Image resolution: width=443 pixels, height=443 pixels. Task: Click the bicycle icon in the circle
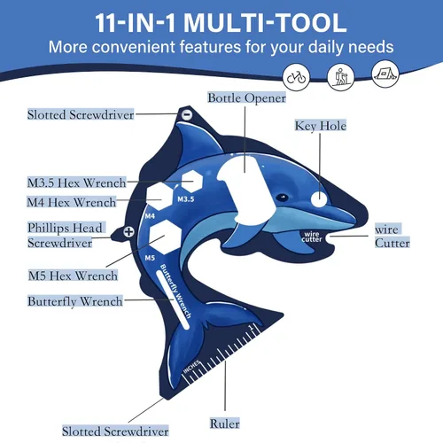[296, 77]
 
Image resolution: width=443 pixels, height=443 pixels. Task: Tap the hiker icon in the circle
[340, 77]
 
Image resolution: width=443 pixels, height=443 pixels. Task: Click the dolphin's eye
[283, 197]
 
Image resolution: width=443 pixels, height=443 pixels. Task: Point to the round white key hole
[319, 199]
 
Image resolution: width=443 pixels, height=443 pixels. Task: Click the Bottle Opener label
[246, 98]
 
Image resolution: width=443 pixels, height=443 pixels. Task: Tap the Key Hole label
[321, 126]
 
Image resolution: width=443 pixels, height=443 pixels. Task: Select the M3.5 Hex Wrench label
[76, 183]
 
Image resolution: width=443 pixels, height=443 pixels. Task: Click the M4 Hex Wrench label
[72, 202]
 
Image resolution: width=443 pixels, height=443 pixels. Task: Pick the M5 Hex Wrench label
[73, 276]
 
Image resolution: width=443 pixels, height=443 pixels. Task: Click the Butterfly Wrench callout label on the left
[74, 301]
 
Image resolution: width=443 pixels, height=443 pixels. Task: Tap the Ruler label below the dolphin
[224, 424]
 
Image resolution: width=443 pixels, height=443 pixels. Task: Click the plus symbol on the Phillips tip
[128, 232]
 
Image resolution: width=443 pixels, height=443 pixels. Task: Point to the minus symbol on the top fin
[187, 114]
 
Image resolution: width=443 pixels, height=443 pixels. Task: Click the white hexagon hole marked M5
[165, 237]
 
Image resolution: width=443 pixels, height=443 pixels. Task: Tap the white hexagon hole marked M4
[159, 196]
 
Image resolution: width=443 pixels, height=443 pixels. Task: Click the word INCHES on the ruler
[192, 367]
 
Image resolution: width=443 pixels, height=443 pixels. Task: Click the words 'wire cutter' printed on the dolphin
[312, 237]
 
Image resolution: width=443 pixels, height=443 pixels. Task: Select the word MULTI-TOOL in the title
[265, 23]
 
